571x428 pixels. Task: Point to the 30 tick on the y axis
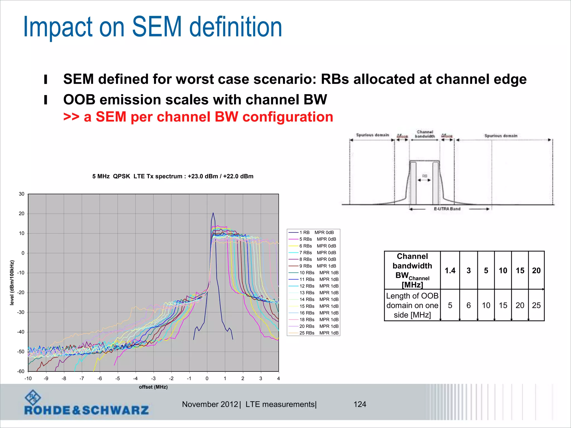(x=22, y=194)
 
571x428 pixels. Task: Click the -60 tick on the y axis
(x=21, y=371)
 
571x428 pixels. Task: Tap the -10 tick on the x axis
(x=28, y=378)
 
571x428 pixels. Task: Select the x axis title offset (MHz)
(x=153, y=387)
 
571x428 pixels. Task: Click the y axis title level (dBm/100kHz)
(x=12, y=283)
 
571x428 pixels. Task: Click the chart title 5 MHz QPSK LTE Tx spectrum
(x=173, y=176)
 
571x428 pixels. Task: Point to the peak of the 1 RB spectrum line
(x=213, y=213)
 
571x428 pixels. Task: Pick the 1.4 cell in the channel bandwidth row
(x=450, y=271)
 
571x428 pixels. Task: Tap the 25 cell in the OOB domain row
(x=536, y=305)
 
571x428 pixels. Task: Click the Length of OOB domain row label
(x=412, y=305)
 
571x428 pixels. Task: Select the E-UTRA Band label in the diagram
(x=447, y=209)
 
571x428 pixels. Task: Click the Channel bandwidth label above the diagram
(x=425, y=134)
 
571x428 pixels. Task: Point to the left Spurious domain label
(x=372, y=135)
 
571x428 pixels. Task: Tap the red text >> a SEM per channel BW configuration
(x=198, y=117)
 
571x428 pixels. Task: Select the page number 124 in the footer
(x=360, y=404)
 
